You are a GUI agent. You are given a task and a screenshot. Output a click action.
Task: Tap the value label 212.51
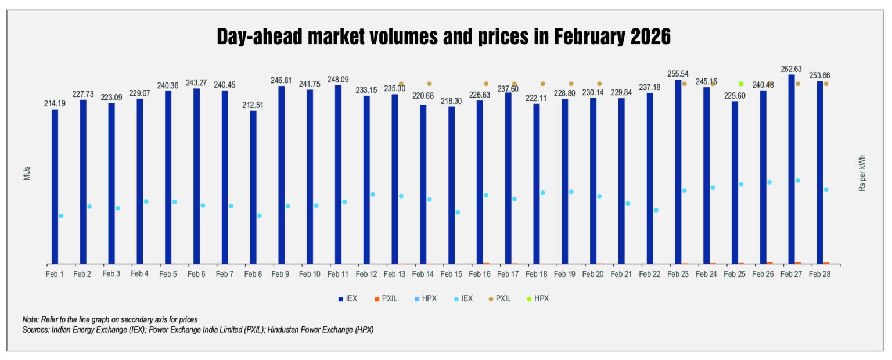pyautogui.click(x=253, y=105)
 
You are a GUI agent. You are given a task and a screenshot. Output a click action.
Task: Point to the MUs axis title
pyautogui.click(x=27, y=174)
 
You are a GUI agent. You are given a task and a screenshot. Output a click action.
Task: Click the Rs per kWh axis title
pyautogui.click(x=862, y=173)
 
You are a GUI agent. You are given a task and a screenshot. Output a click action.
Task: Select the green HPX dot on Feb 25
pyautogui.click(x=741, y=84)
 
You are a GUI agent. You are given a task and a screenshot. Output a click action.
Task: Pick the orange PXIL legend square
pyautogui.click(x=377, y=298)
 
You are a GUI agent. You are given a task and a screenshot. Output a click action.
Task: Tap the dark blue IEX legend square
pyautogui.click(x=341, y=298)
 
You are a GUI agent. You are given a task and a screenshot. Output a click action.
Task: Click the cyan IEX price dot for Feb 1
pyautogui.click(x=61, y=216)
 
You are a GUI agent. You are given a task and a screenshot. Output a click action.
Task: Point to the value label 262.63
pyautogui.click(x=791, y=69)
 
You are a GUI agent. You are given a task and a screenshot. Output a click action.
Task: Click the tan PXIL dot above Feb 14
pyautogui.click(x=429, y=84)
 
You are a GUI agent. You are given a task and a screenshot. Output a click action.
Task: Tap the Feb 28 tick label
pyautogui.click(x=819, y=273)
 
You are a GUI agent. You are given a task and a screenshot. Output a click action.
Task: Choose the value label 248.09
pyautogui.click(x=338, y=80)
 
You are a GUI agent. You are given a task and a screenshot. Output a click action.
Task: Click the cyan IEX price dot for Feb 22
pyautogui.click(x=656, y=210)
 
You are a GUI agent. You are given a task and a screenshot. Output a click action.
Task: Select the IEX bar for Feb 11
pyautogui.click(x=338, y=174)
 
